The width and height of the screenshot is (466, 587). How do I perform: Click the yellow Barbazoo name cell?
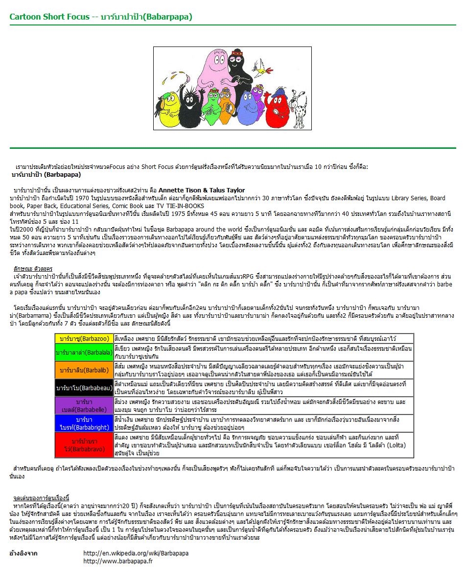(x=84, y=338)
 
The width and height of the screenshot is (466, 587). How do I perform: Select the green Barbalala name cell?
(x=84, y=352)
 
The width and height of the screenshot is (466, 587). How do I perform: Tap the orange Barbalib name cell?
(x=84, y=370)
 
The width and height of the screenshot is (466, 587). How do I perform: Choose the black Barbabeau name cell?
(x=84, y=388)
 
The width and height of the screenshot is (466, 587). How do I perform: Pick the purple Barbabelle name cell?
(x=84, y=405)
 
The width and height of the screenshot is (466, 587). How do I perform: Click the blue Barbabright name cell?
(x=84, y=423)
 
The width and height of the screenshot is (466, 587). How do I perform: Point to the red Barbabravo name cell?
(x=84, y=445)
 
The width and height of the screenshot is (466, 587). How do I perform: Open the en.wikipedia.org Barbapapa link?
(x=136, y=553)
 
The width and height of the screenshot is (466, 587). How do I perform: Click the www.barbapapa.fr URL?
(x=118, y=561)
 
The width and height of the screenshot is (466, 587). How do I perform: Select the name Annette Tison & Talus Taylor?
(x=202, y=190)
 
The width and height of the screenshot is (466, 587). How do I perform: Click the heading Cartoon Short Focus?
(x=49, y=17)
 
